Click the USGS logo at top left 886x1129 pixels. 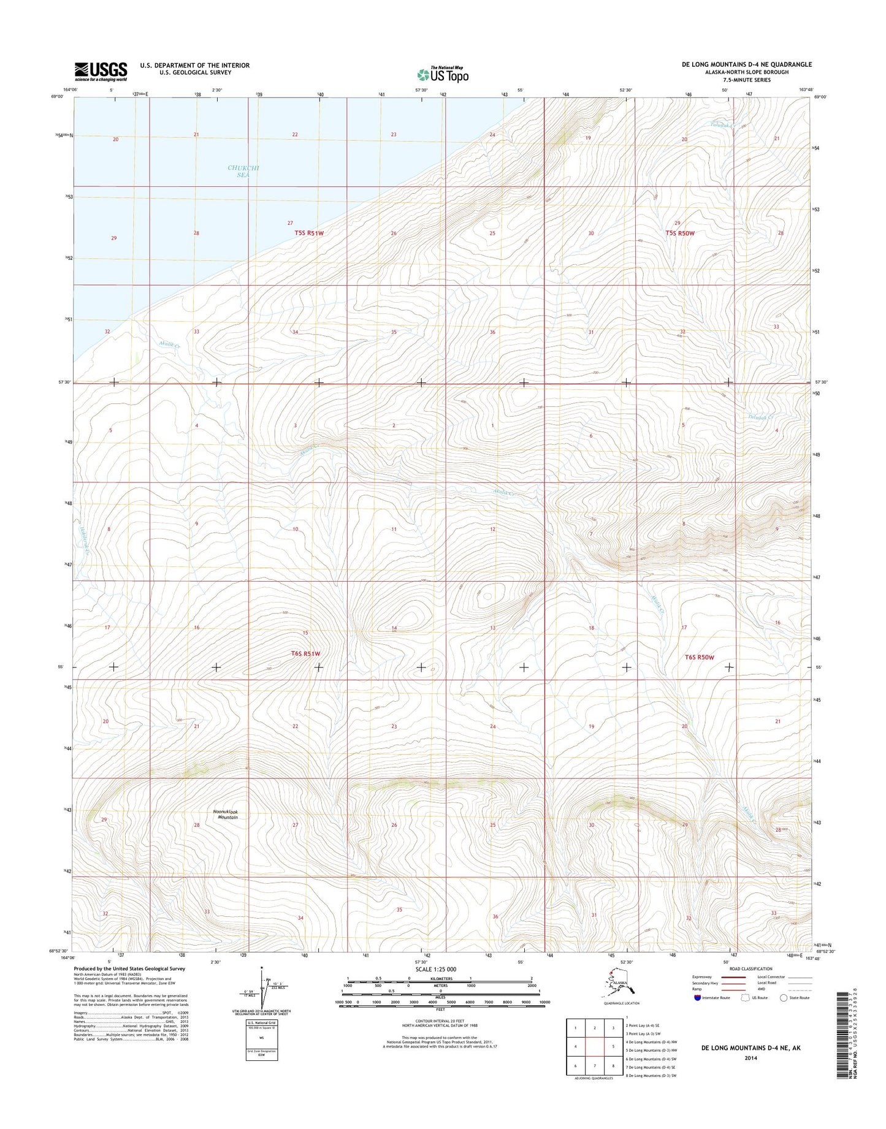[101, 71]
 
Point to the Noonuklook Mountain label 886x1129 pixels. [225, 815]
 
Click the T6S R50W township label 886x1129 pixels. [699, 657]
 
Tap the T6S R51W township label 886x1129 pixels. [305, 653]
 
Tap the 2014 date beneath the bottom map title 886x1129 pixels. [750, 1057]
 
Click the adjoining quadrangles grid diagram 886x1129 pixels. [594, 1047]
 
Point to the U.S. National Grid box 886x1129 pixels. [262, 1040]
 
